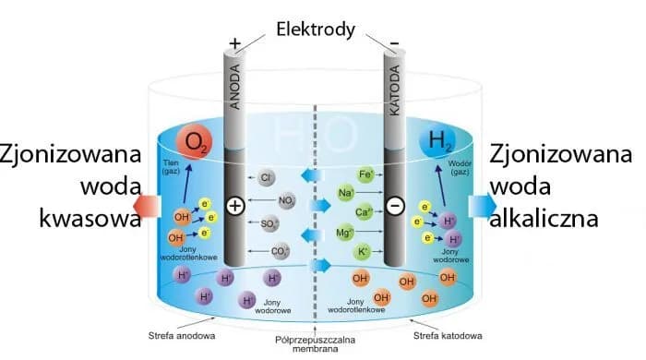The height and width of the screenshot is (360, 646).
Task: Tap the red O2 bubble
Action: [x=195, y=141]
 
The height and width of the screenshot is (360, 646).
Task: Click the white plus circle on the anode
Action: [x=235, y=206]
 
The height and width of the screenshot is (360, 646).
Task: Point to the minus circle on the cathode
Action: [x=395, y=206]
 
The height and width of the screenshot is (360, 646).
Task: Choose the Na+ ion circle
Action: [x=347, y=193]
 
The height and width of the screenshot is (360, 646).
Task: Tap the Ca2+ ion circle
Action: [x=365, y=212]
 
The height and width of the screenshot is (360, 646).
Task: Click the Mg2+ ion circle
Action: [x=346, y=233]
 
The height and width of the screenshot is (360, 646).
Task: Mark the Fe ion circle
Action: [x=365, y=174]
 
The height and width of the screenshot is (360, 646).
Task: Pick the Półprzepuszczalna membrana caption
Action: [x=316, y=343]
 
